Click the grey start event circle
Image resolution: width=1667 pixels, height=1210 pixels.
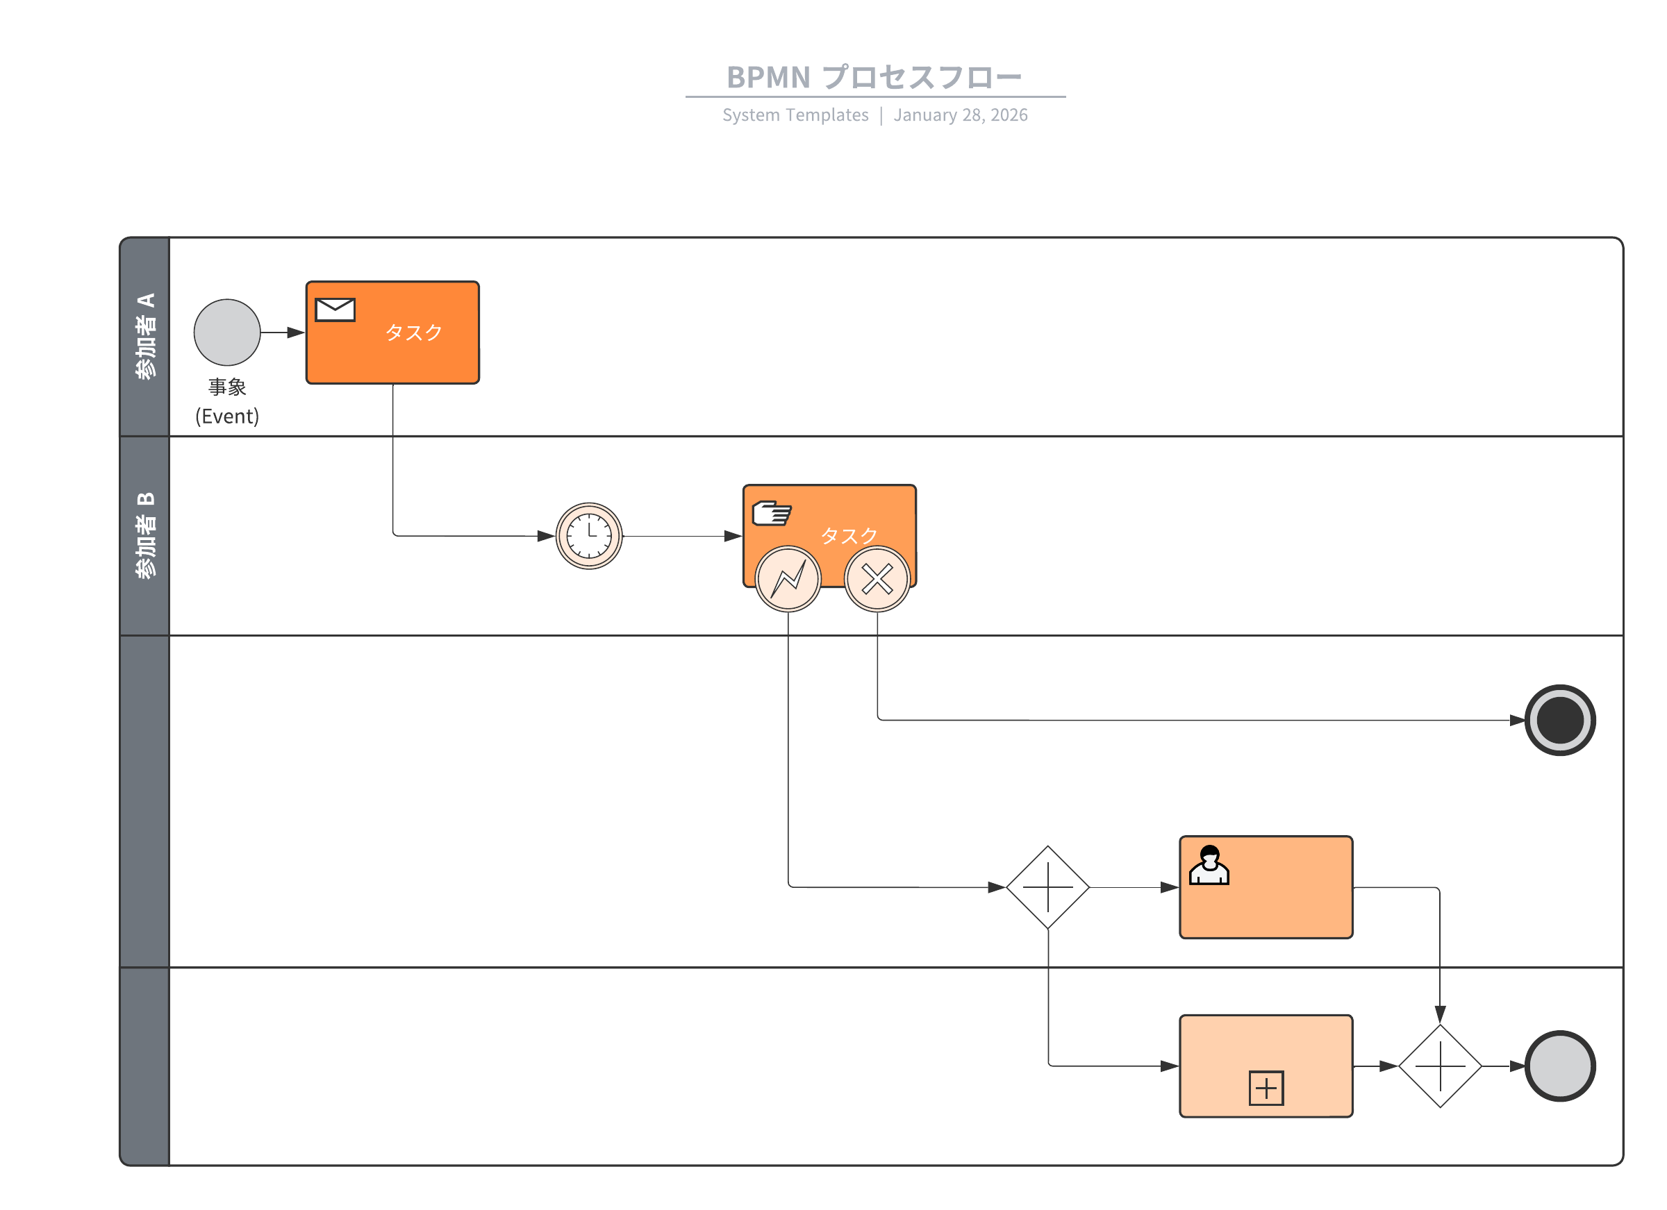tap(227, 332)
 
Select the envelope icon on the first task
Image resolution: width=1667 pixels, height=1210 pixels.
tap(335, 310)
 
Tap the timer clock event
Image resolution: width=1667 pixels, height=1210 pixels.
tap(589, 535)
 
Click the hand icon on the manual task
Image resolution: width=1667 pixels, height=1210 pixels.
tap(772, 513)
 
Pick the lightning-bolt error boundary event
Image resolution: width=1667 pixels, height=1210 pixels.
tap(788, 579)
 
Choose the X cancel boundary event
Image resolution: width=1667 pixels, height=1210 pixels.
tap(877, 579)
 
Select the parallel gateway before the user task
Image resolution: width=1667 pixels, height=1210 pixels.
tap(1047, 887)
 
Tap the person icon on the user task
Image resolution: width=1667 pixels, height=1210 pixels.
tap(1209, 866)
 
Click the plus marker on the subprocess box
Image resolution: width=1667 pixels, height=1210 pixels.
tap(1266, 1088)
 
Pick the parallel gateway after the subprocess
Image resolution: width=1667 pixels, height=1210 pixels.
tap(1440, 1066)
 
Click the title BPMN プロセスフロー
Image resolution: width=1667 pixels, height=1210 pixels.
tap(874, 77)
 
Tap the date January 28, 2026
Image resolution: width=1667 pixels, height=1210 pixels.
tap(960, 115)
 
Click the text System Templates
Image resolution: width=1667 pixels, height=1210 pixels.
tap(795, 115)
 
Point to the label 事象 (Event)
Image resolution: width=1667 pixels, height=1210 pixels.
tap(227, 401)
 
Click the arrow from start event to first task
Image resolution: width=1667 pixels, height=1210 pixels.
tap(282, 333)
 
